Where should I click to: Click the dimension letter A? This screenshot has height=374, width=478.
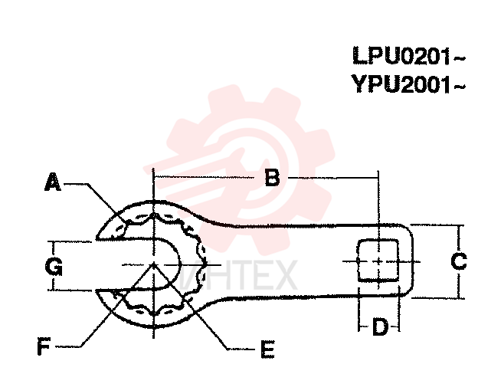tap(53, 182)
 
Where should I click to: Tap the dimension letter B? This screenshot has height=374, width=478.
tap(272, 178)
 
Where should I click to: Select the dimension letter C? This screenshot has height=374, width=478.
tap(459, 261)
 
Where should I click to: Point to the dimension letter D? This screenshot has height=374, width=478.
tap(380, 326)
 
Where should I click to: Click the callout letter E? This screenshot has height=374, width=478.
tap(268, 349)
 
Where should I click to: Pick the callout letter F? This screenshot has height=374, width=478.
tap(44, 346)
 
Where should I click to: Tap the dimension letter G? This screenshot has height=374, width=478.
tap(54, 266)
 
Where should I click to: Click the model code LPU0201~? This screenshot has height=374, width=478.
tap(409, 56)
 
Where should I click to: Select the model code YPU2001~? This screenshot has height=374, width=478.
tap(408, 84)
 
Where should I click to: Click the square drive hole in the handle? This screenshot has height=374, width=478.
tap(378, 261)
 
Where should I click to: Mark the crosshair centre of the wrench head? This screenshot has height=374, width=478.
tap(154, 264)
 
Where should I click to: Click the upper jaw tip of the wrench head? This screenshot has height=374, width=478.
tap(97, 238)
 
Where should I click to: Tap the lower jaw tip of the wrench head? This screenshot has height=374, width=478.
tap(97, 290)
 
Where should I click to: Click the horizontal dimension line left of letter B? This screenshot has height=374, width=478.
tap(205, 177)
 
